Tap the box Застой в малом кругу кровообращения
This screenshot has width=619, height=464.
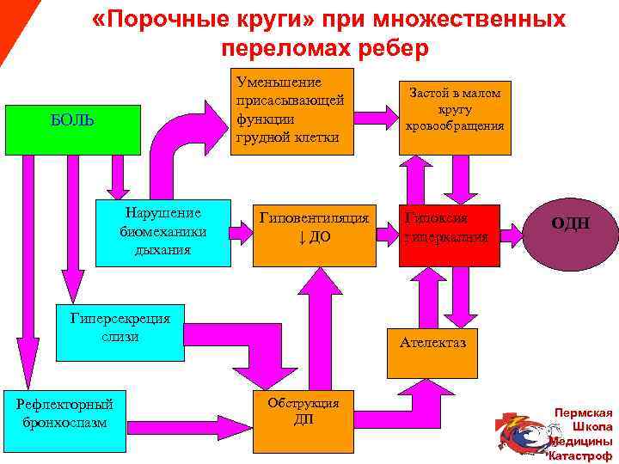pyautogui.click(x=451, y=110)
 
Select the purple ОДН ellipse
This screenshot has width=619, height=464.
pyautogui.click(x=571, y=225)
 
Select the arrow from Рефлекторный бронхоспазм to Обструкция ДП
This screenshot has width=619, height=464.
pyautogui.click(x=189, y=412)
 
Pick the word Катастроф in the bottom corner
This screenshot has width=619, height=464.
pyautogui.click(x=581, y=455)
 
